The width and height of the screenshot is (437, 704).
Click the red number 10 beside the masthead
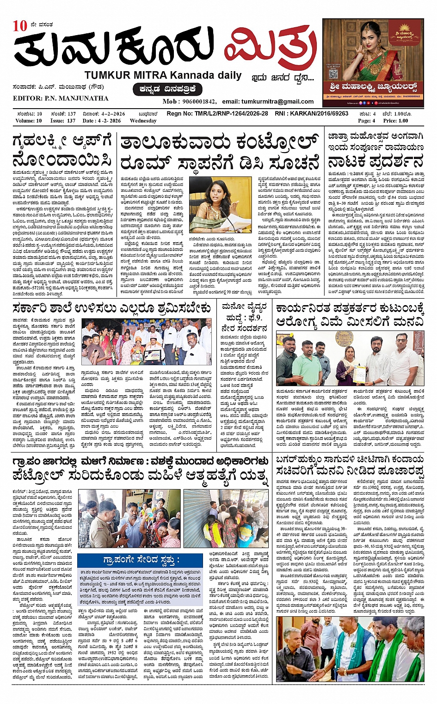(x=20, y=26)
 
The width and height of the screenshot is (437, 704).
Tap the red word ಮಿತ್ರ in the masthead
(x=270, y=49)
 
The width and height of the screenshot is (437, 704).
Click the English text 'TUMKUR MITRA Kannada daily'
(x=163, y=75)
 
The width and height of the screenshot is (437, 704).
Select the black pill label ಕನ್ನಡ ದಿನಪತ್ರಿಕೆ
(x=167, y=89)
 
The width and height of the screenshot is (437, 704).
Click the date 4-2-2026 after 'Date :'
(x=109, y=121)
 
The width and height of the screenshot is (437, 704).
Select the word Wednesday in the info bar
(x=143, y=121)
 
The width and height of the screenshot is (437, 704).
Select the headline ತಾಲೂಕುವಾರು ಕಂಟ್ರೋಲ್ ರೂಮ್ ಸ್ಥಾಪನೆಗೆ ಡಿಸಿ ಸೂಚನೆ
(x=219, y=153)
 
